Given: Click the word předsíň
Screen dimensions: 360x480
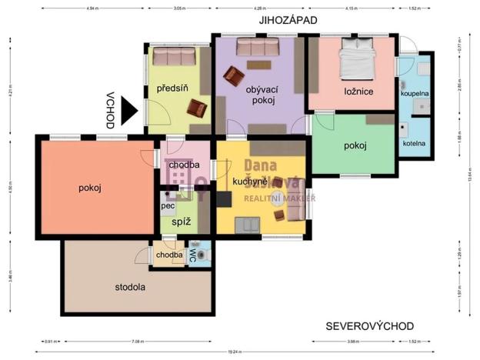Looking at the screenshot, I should [x=172, y=89].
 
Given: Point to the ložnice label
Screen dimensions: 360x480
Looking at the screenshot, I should [x=358, y=92].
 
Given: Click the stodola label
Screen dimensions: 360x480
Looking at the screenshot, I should [x=130, y=287].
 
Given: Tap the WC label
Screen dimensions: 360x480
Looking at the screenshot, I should [x=193, y=258].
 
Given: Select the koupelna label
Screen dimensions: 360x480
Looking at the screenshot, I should [x=415, y=93].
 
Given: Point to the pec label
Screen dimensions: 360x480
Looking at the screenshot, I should [x=167, y=206].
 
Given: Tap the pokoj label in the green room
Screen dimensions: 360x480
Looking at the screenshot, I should [x=355, y=145].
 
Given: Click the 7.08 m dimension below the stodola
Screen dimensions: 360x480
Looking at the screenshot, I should [x=138, y=341].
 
